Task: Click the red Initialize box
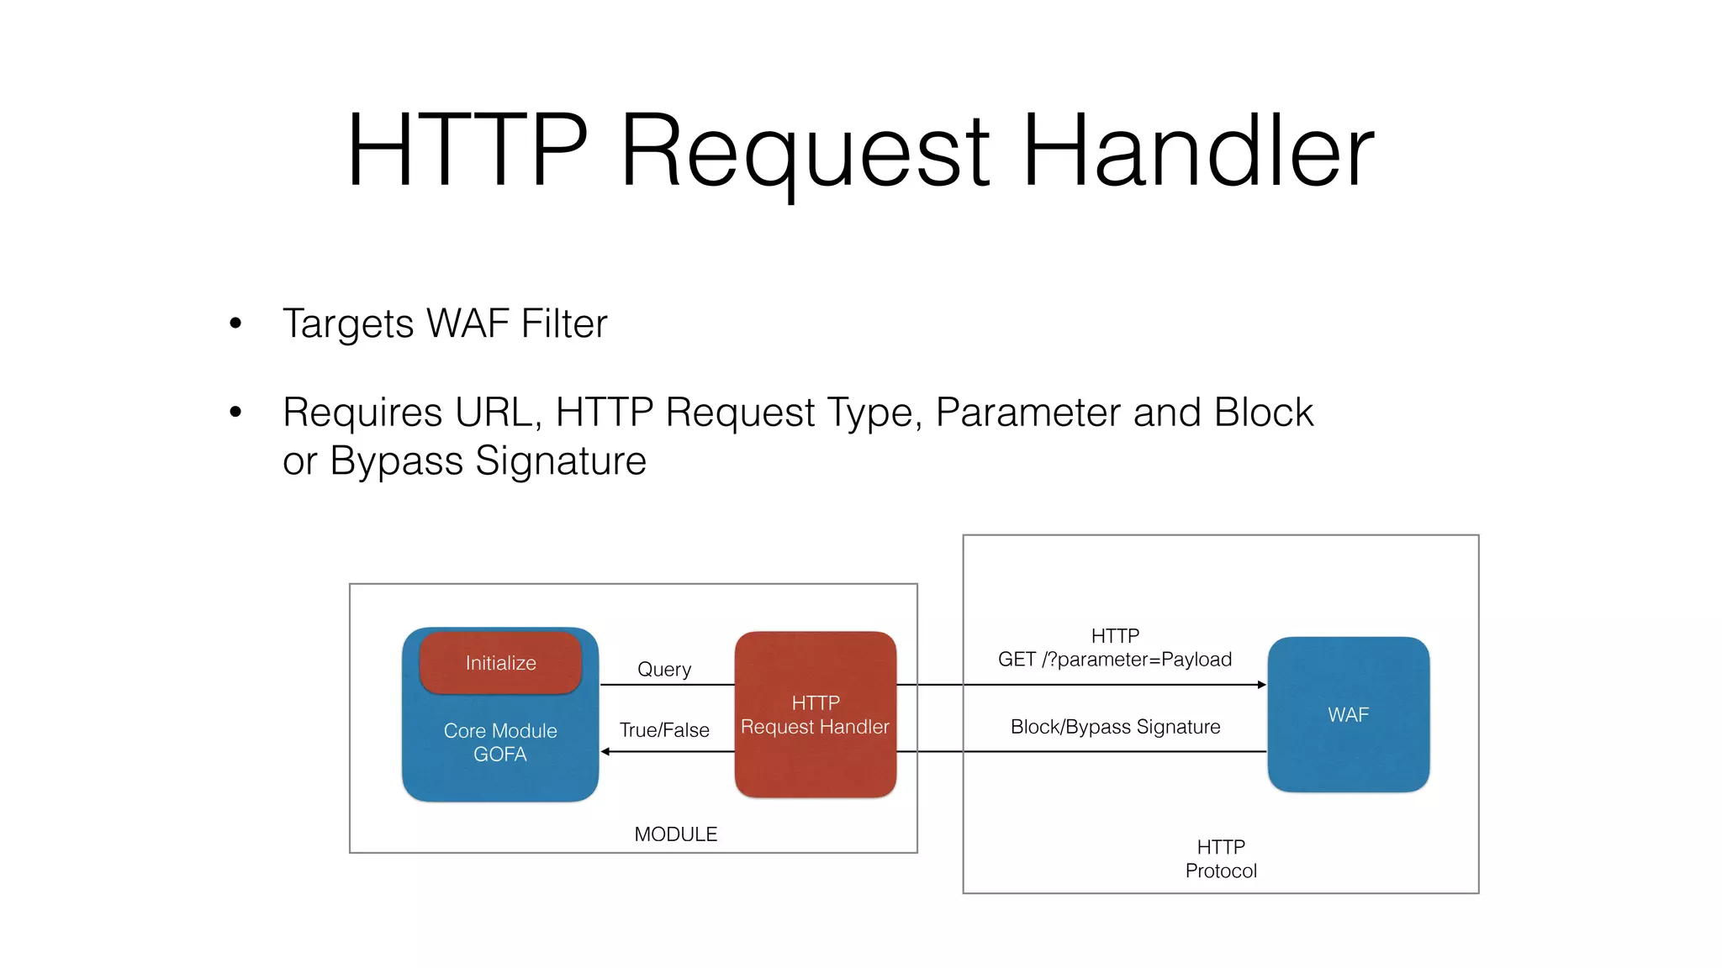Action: [500, 663]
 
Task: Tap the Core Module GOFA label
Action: [500, 743]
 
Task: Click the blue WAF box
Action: [1348, 714]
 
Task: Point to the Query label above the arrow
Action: [664, 670]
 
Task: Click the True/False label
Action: [664, 730]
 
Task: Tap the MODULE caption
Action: [675, 834]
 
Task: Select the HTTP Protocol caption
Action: [1221, 859]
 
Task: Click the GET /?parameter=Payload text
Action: [1115, 660]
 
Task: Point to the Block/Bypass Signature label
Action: [1115, 727]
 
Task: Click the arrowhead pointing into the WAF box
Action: [1261, 685]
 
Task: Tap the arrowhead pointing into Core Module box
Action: [605, 751]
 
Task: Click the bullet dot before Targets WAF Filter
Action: [235, 324]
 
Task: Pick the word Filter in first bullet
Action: [563, 324]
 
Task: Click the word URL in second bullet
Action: [498, 413]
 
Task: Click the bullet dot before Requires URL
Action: [235, 412]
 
